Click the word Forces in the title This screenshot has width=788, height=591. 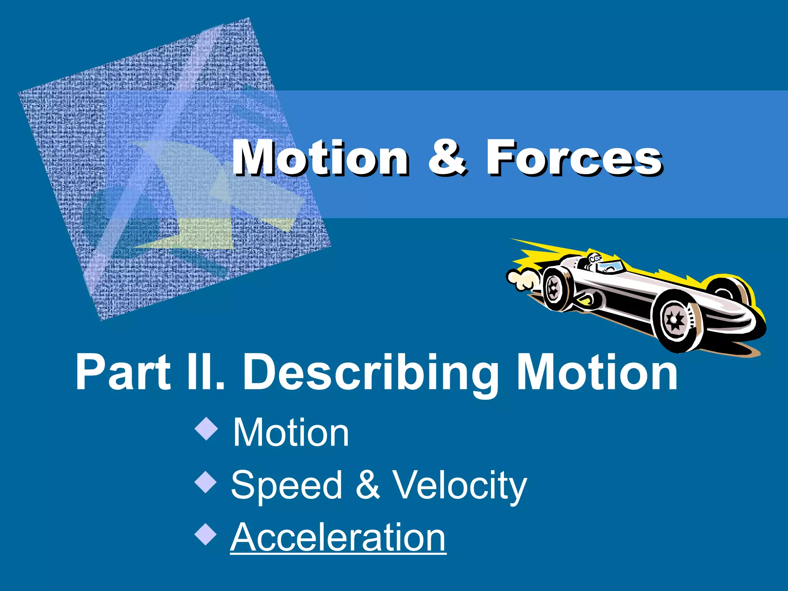tap(573, 158)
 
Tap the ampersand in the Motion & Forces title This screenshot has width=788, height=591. tap(447, 158)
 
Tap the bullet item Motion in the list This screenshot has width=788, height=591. tap(291, 433)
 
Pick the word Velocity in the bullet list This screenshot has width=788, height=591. tap(459, 486)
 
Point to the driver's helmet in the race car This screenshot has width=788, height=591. tap(594, 258)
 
